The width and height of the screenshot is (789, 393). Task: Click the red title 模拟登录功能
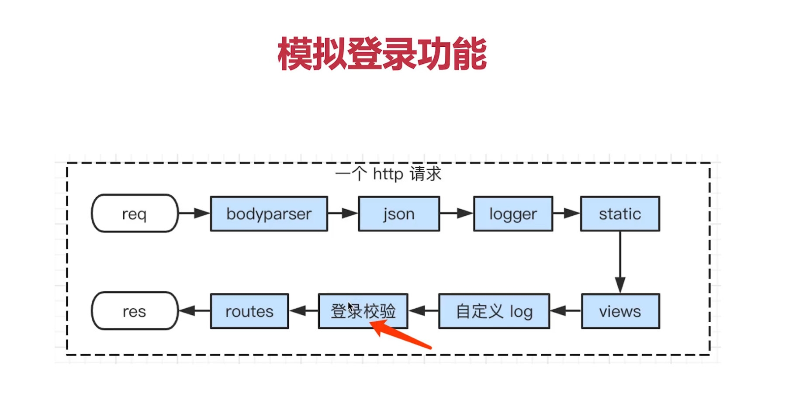coord(382,54)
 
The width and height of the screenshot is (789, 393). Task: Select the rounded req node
coord(135,214)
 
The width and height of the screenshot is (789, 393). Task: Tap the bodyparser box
coord(269,214)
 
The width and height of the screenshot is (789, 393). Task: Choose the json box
coord(398,214)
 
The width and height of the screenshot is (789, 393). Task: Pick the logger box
coord(513,214)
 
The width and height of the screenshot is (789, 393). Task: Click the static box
coord(619,214)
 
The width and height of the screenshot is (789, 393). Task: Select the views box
coord(620,311)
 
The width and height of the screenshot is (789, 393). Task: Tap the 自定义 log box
coord(494,311)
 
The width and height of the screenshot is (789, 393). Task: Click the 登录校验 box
coord(363,311)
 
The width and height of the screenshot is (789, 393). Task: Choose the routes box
coord(249,311)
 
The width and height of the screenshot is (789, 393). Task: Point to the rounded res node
coord(135,311)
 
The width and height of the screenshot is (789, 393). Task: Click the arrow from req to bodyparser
coord(194,214)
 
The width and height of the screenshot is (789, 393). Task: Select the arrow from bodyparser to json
coord(343,214)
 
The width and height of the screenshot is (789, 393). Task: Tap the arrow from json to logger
coord(456,214)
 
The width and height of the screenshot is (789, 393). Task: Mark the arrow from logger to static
coord(566,214)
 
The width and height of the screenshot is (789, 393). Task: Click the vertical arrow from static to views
coord(620,262)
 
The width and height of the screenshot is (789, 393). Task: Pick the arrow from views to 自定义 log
coord(565,311)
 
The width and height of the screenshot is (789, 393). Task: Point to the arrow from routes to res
coord(194,311)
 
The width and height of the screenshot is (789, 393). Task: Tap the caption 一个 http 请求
coord(388,174)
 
